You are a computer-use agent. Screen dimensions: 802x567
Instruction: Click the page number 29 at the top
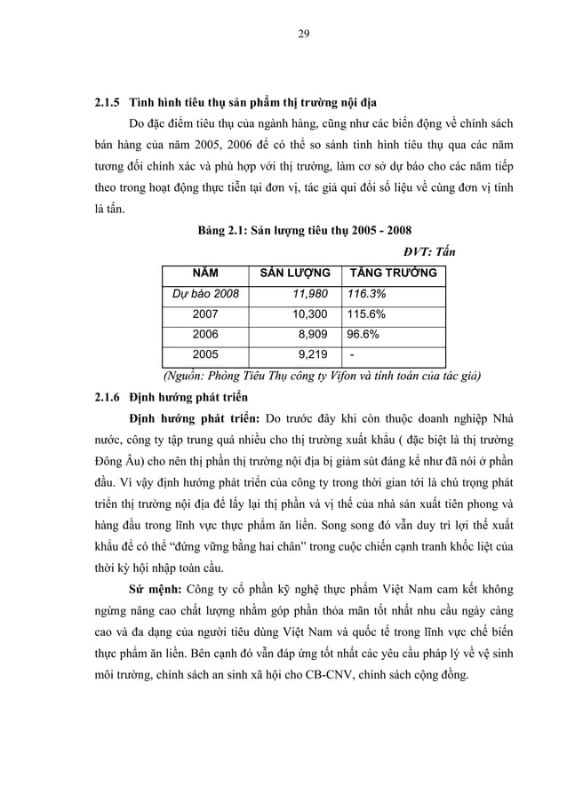pyautogui.click(x=303, y=35)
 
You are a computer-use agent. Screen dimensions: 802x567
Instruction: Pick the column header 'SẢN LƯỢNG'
pyautogui.click(x=294, y=273)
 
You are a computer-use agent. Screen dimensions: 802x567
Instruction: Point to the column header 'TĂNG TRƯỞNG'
pyautogui.click(x=393, y=273)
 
